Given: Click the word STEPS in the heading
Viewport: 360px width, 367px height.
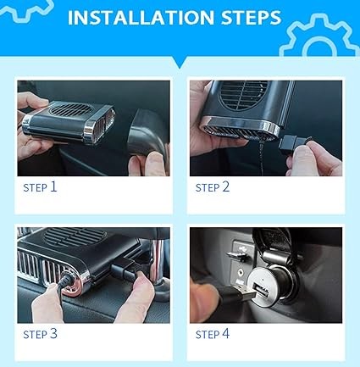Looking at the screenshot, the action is pyautogui.click(x=251, y=18).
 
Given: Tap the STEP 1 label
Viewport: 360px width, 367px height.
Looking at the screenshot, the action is pyautogui.click(x=40, y=187).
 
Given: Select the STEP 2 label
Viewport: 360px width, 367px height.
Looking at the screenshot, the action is pyautogui.click(x=213, y=187).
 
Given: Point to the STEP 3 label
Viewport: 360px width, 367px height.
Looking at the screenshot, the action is pyautogui.click(x=40, y=334).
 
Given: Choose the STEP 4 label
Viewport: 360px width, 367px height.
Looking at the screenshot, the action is pyautogui.click(x=213, y=334).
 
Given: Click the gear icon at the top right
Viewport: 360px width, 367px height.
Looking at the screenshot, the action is pyautogui.click(x=319, y=36).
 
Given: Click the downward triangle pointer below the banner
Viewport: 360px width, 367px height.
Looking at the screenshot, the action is pyautogui.click(x=180, y=62).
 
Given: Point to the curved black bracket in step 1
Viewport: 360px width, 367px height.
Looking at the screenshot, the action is pyautogui.click(x=147, y=132).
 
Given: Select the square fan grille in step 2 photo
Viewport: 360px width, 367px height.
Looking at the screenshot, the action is pyautogui.click(x=242, y=95).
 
